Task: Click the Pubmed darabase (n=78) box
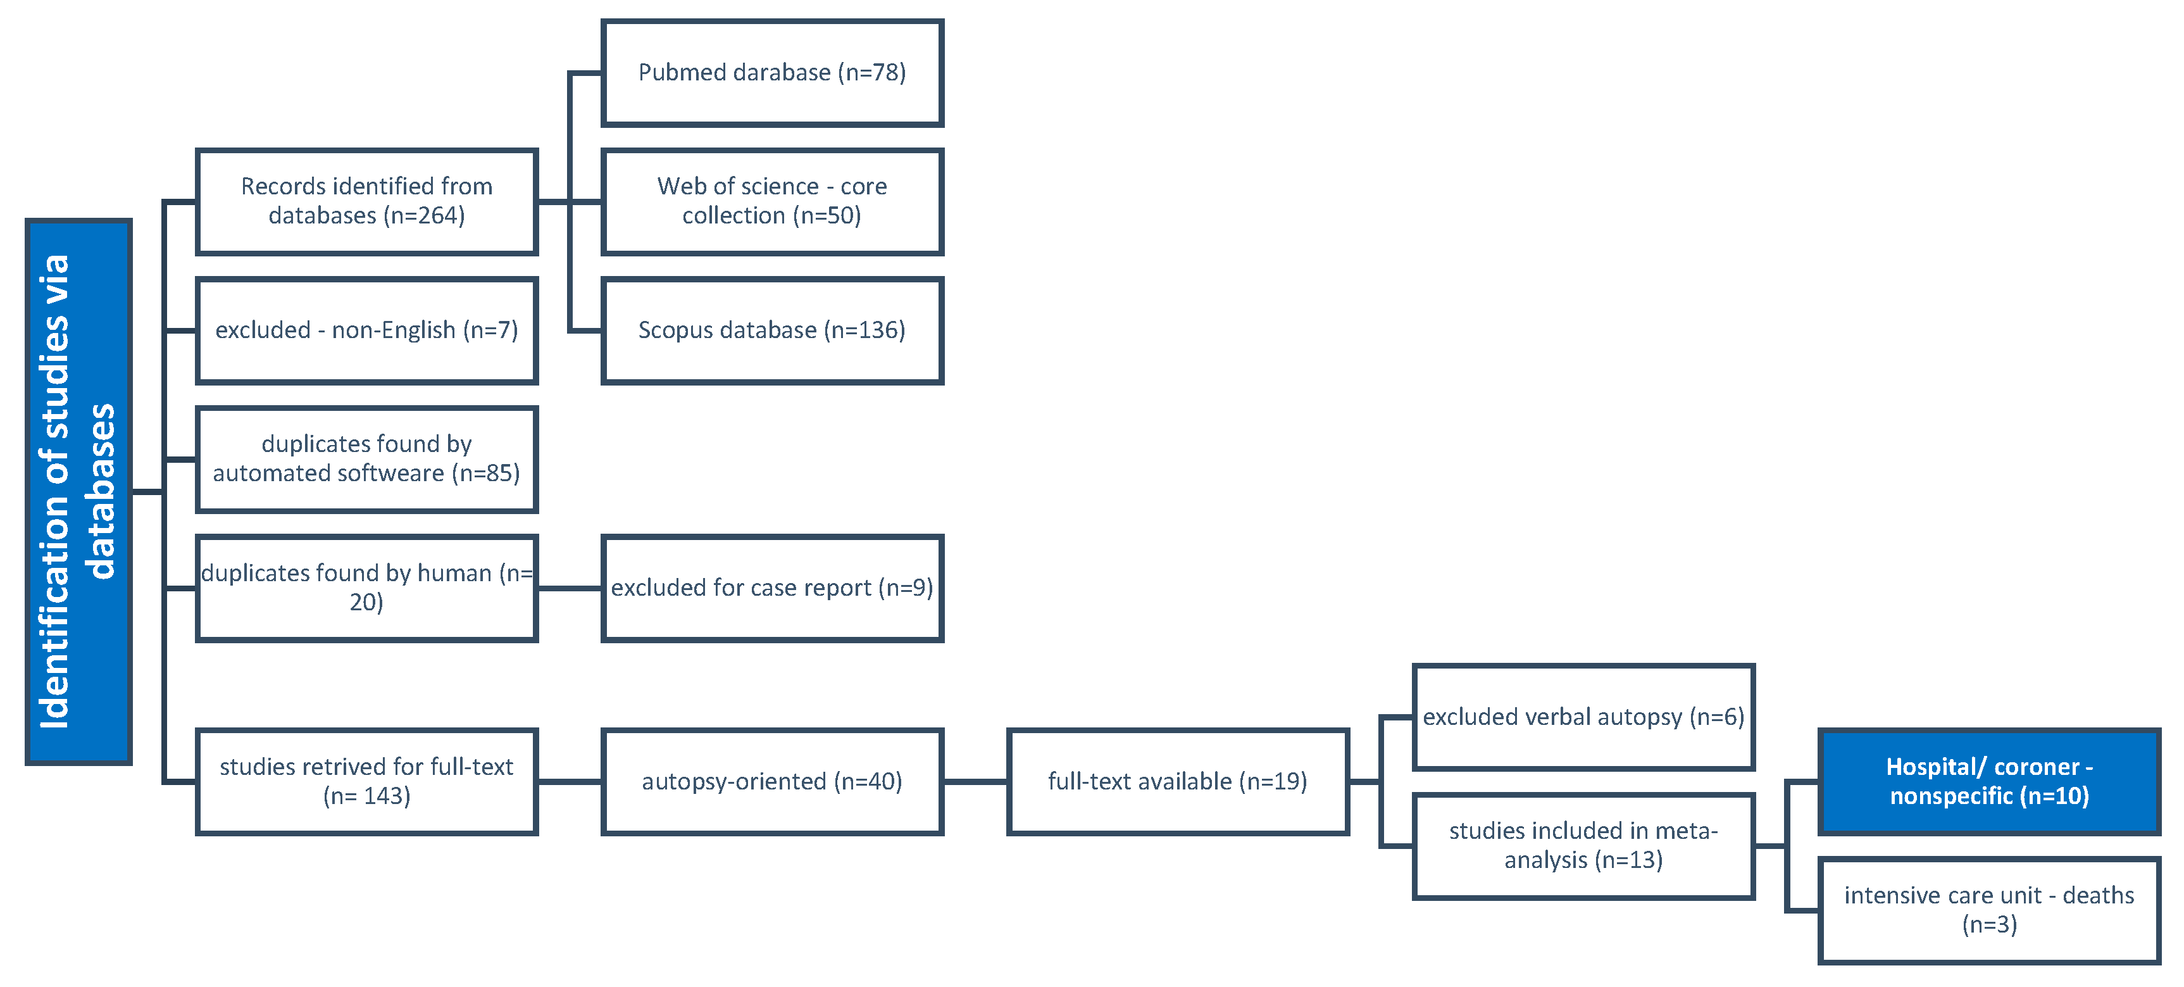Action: click(771, 73)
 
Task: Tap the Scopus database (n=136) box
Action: click(771, 330)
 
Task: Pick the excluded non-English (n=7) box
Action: click(366, 330)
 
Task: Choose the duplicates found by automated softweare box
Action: click(366, 460)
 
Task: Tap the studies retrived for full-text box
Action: click(366, 782)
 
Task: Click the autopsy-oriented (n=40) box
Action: click(771, 782)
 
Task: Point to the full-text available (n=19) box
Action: click(1178, 782)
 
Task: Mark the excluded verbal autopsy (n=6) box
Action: click(1583, 717)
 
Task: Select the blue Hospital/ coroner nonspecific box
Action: click(1989, 782)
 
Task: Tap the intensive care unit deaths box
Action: click(1989, 910)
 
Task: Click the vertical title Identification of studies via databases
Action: click(78, 492)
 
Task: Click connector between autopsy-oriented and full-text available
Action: click(975, 782)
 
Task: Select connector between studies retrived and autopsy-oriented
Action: click(570, 782)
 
